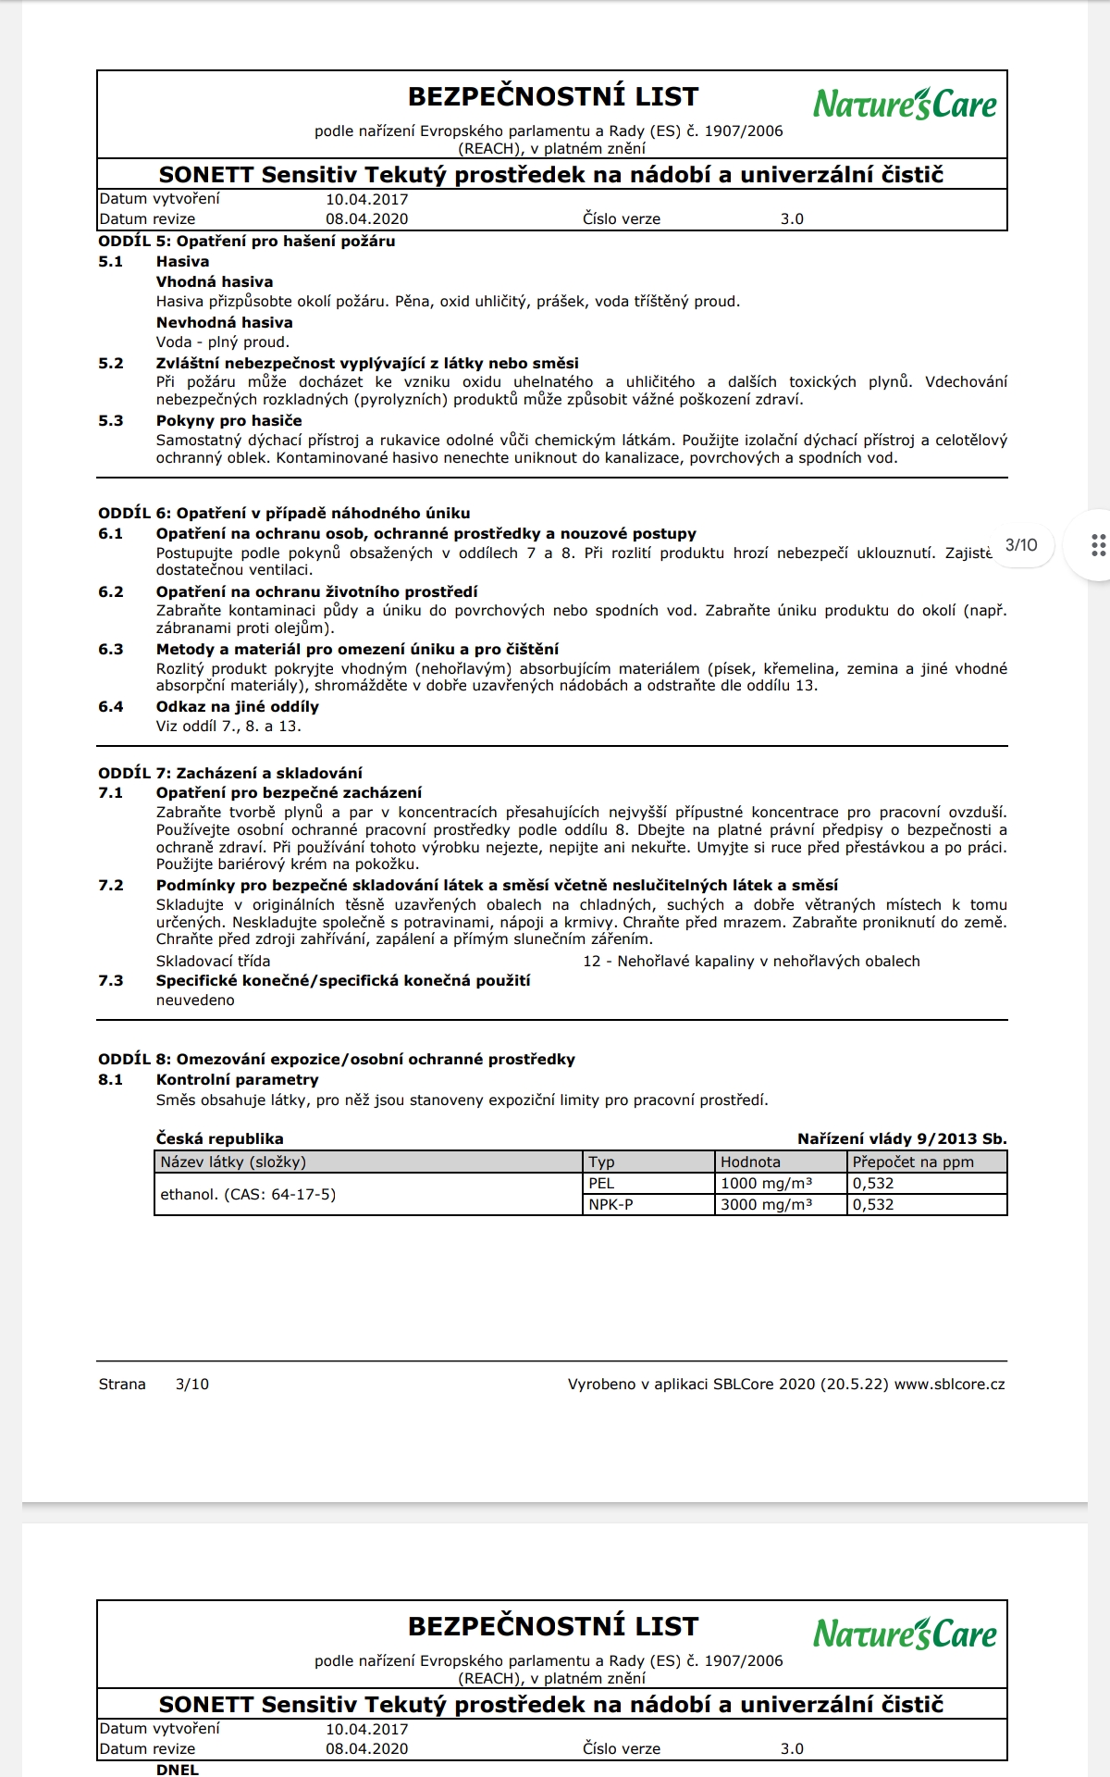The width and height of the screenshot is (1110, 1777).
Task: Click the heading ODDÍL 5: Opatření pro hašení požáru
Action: click(x=247, y=242)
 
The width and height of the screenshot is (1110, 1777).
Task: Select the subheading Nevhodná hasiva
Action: click(x=224, y=323)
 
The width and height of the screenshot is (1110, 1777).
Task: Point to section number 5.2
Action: click(x=111, y=364)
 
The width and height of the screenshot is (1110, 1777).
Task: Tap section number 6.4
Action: click(x=111, y=707)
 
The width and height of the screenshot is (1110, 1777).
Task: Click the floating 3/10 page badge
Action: click(x=1021, y=545)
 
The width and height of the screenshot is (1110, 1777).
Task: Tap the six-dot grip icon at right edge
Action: click(x=1098, y=545)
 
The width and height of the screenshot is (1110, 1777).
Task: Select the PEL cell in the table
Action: click(x=601, y=1184)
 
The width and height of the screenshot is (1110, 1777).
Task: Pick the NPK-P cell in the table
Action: click(x=610, y=1205)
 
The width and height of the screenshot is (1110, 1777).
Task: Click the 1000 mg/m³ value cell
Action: click(x=766, y=1184)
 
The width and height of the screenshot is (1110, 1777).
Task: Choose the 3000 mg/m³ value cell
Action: click(x=766, y=1205)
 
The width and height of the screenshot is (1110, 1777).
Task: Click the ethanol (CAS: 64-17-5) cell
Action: click(x=248, y=1195)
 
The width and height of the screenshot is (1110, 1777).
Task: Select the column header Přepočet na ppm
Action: click(x=913, y=1162)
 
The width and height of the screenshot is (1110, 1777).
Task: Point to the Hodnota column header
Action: click(x=750, y=1162)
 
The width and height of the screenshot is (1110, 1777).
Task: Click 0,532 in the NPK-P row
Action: click(x=873, y=1205)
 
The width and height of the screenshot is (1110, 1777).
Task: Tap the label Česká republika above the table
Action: click(x=220, y=1139)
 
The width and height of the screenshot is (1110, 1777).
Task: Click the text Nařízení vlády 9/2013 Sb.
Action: click(x=902, y=1139)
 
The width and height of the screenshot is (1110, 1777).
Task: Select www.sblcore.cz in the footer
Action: click(x=949, y=1385)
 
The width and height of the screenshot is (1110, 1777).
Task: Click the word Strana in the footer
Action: click(x=122, y=1385)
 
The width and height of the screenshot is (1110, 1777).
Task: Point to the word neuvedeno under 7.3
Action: click(x=195, y=1000)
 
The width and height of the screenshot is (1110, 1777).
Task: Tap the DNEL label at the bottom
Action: click(x=178, y=1770)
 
